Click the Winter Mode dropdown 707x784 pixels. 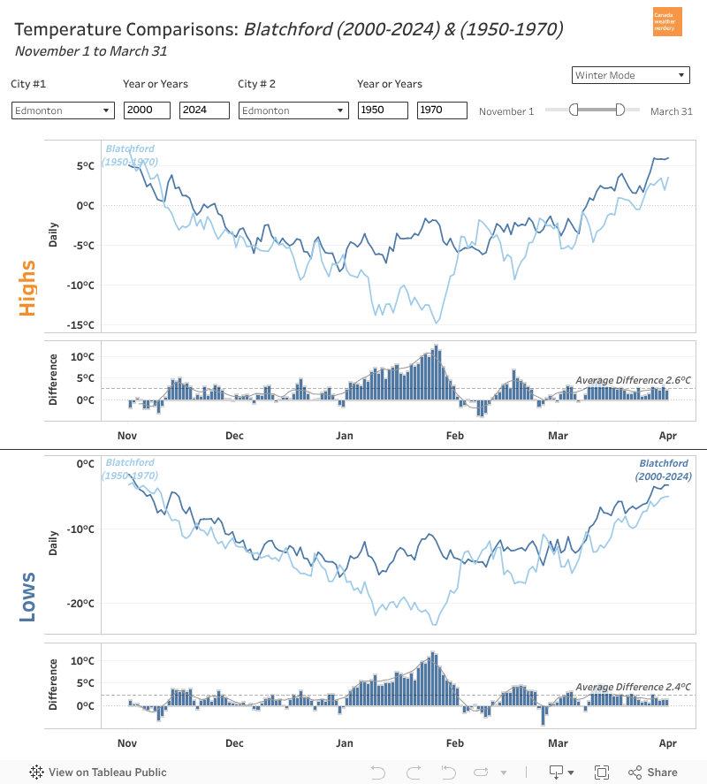[630, 75]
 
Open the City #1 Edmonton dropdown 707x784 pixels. [63, 110]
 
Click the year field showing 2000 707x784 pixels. [148, 110]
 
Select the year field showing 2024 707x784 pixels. [204, 110]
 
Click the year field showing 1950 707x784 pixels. [383, 110]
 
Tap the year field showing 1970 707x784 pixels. [442, 110]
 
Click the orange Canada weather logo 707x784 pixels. [666, 21]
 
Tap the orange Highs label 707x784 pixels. [27, 287]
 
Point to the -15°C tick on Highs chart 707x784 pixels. [82, 325]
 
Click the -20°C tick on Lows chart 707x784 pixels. [82, 604]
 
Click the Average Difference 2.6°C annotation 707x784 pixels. [633, 380]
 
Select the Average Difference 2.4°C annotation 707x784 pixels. [633, 687]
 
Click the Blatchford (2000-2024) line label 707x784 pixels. [663, 469]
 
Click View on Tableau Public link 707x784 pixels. [98, 772]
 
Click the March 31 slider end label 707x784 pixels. [671, 111]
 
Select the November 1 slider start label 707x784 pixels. [506, 111]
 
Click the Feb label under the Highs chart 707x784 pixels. [454, 435]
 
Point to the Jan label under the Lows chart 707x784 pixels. [344, 743]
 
